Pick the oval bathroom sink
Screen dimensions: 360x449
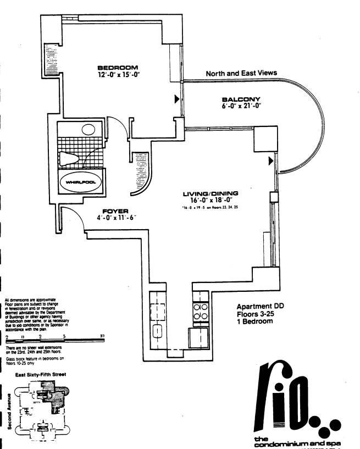coord(90,131)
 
